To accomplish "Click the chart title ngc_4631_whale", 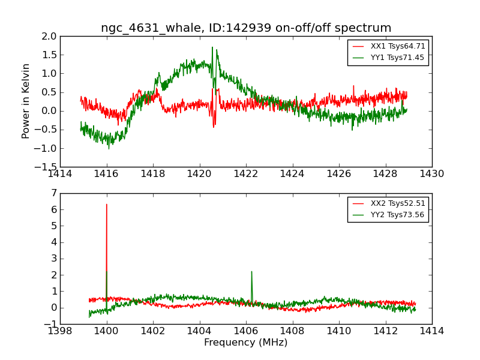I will pos(246,28).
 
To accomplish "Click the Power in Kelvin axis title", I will pos(26,101).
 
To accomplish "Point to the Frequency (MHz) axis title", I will pos(245,343).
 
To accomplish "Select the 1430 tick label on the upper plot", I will pos(431,174).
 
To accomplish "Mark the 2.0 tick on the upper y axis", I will pos(49,37).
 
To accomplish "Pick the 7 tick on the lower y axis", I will pos(53,193).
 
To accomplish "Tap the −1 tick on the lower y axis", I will pos(50,325).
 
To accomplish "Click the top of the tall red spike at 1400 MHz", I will pos(107,205).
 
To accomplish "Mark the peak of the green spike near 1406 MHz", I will pos(251,272).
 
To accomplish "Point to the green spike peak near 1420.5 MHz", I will pos(212,47).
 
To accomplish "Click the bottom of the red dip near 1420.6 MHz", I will pos(214,127).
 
